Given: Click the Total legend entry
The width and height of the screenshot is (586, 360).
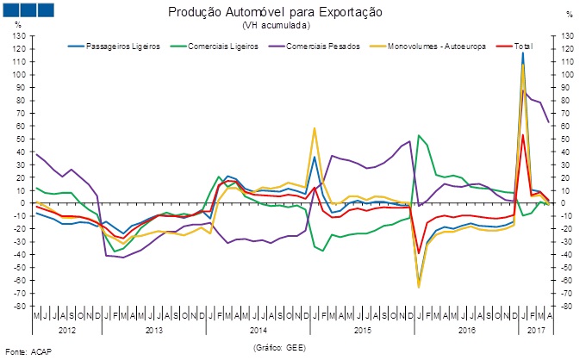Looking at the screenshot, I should pos(522,46).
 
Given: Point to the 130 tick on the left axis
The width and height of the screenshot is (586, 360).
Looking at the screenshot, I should pos(20,36).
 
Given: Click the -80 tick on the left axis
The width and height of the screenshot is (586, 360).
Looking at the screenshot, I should pos(20,306).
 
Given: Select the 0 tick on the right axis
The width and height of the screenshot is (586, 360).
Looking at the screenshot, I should pos(568,203).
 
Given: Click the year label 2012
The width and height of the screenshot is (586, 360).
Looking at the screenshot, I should pos(68,330).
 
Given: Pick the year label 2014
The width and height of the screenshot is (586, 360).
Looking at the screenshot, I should pos(259,330).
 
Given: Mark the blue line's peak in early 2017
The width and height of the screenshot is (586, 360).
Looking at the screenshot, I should pos(522,53).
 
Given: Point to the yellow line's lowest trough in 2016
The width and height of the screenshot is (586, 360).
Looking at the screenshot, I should pos(419,286).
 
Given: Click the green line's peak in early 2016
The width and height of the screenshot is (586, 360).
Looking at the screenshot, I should pos(419,135).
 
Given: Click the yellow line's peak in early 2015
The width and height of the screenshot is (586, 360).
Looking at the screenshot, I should pos(315,128).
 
